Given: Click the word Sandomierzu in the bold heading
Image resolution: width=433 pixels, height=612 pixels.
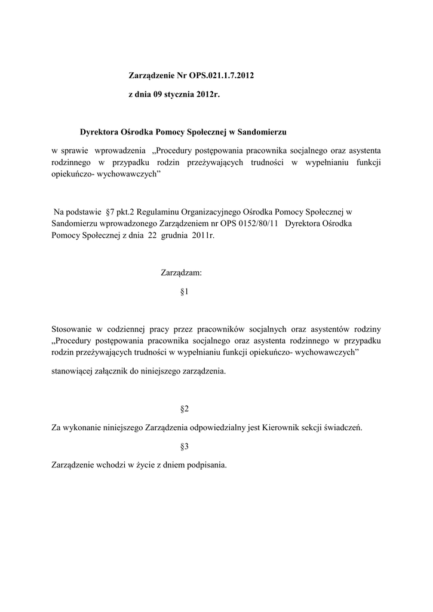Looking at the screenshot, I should point(263,131).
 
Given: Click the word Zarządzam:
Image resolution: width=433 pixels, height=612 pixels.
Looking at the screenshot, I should point(182,273).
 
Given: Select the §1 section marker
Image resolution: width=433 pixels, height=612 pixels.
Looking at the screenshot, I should point(185,292).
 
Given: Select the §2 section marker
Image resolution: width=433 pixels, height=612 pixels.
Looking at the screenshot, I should point(185,409).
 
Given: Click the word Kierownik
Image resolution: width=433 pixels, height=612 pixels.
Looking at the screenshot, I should point(290,427).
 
